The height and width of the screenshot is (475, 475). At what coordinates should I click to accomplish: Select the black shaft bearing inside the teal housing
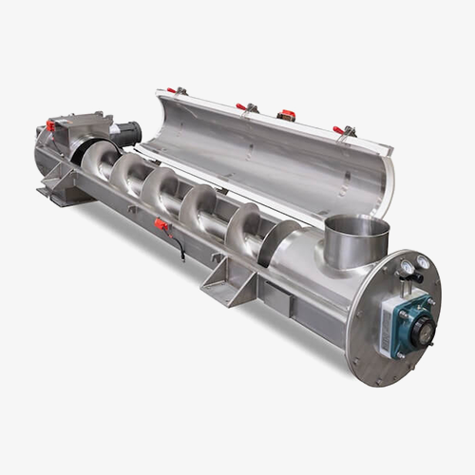pyautogui.click(x=418, y=328)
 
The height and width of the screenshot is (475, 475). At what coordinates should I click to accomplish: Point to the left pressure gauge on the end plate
pyautogui.click(x=405, y=270)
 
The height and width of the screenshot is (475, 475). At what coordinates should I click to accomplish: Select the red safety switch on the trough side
pyautogui.click(x=162, y=225)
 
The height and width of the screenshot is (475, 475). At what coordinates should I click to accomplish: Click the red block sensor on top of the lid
pyautogui.click(x=286, y=116)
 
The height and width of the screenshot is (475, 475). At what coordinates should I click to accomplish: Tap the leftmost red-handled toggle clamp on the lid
pyautogui.click(x=174, y=91)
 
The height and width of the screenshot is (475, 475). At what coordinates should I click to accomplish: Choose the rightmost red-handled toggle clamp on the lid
pyautogui.click(x=340, y=130)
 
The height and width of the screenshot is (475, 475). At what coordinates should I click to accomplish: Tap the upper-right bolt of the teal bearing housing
pyautogui.click(x=428, y=303)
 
